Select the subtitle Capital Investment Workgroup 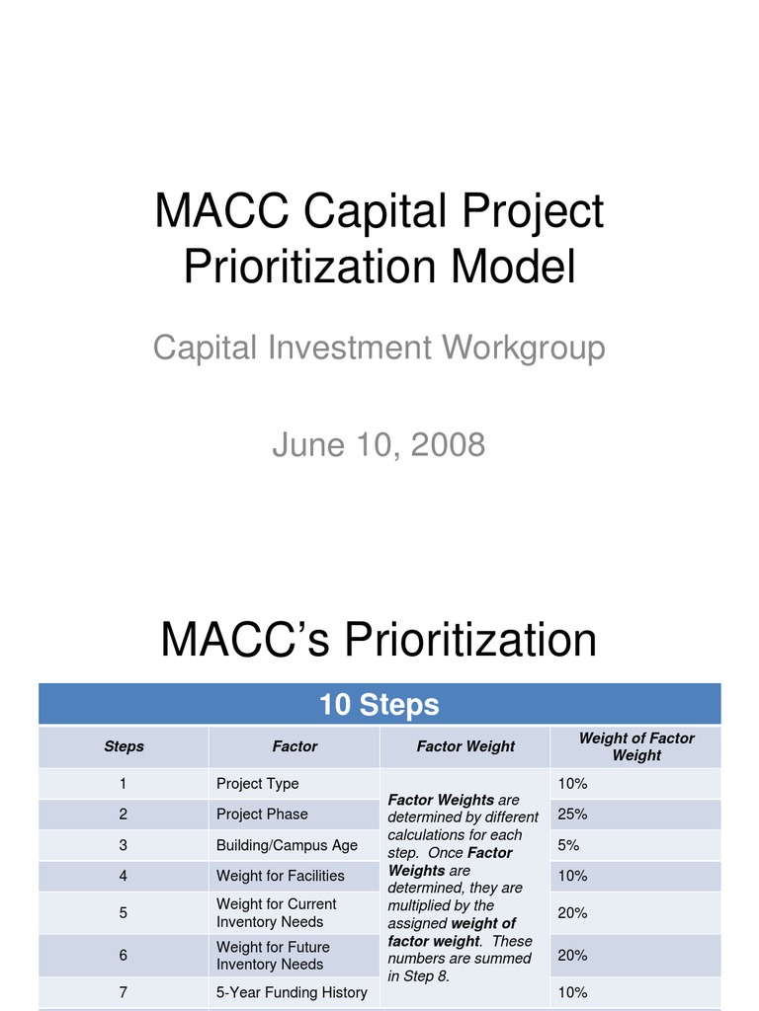point(379,348)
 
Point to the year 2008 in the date point(448,445)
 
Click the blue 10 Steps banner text point(379,705)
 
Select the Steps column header point(124,746)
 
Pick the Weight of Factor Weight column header point(635,746)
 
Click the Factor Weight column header point(465,746)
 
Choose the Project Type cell point(257,784)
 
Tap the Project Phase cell point(262,815)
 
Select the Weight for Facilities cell point(281,876)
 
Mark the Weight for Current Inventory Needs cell point(276,913)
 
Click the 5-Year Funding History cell point(292,992)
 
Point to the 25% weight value point(572,815)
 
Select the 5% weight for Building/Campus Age point(568,845)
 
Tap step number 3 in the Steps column point(124,845)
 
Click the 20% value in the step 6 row point(572,956)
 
